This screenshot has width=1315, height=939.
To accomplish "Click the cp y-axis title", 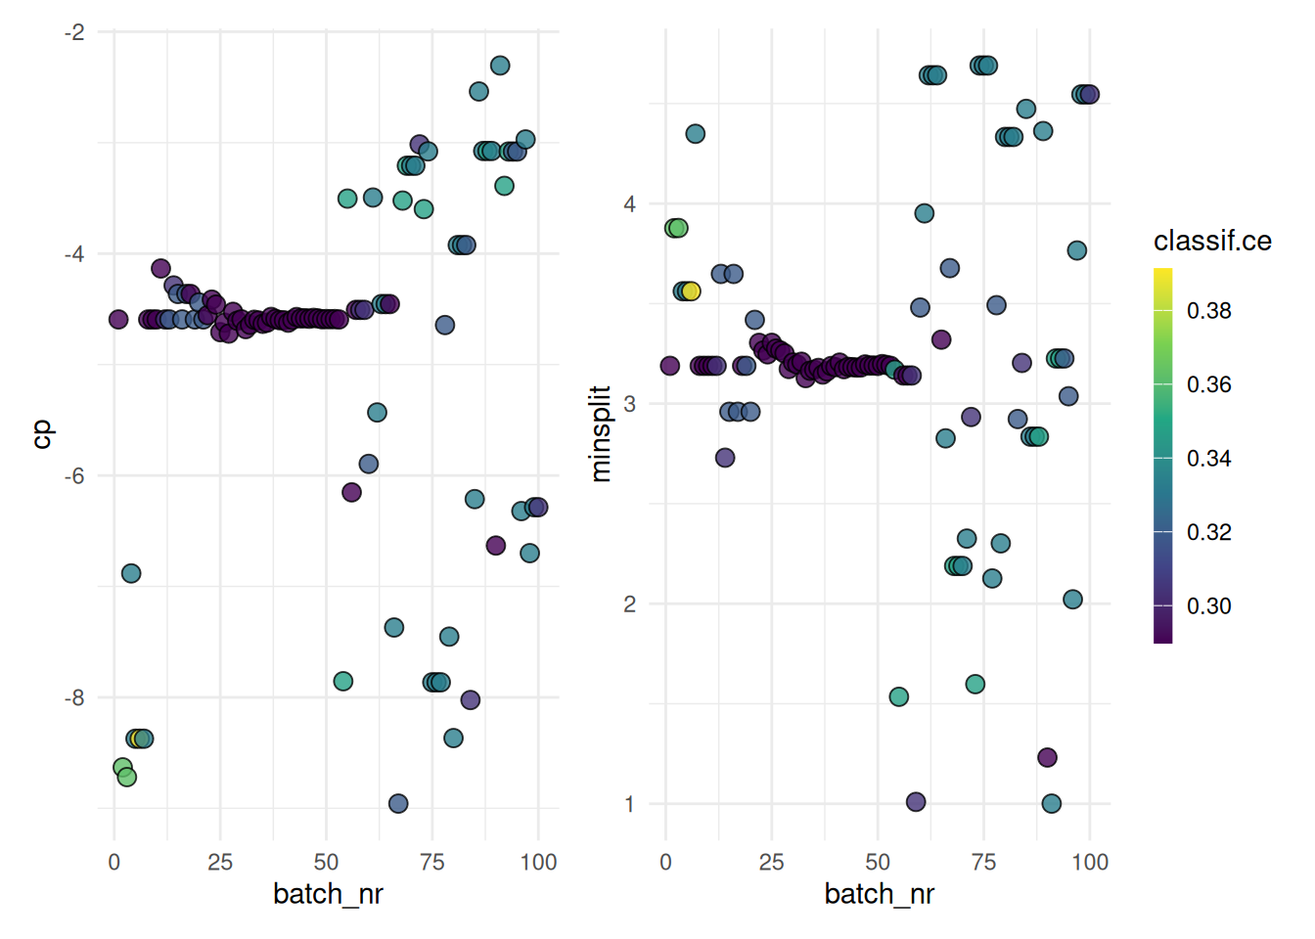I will (42, 434).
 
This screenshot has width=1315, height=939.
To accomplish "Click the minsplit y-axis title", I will (600, 433).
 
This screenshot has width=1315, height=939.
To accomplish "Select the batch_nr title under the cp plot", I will (328, 894).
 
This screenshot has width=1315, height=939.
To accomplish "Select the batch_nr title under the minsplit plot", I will (879, 894).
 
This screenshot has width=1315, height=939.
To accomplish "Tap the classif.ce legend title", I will (1212, 241).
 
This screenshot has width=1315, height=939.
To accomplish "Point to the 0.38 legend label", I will (1208, 311).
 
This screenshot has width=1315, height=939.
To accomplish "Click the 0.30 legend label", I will (1208, 606).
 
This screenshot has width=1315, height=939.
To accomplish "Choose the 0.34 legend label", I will (1208, 459).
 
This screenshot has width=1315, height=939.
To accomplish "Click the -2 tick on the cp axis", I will (74, 32).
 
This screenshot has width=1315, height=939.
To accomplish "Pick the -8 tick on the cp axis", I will (74, 698).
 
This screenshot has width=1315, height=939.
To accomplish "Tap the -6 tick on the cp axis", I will (74, 476).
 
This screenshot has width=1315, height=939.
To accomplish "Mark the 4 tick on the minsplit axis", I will (629, 204).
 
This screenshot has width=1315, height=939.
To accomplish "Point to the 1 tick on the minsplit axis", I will (629, 804).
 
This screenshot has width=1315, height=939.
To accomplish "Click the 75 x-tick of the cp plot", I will (432, 863).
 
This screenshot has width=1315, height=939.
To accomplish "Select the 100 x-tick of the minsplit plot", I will (1090, 863).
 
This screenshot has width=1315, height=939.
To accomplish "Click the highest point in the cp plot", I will (500, 66).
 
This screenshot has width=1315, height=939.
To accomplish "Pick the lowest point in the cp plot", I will (398, 804).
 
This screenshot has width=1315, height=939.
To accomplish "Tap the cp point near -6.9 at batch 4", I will (131, 573).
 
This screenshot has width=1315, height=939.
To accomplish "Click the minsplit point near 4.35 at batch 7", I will (696, 134).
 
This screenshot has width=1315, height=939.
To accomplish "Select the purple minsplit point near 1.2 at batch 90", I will (1047, 758).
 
